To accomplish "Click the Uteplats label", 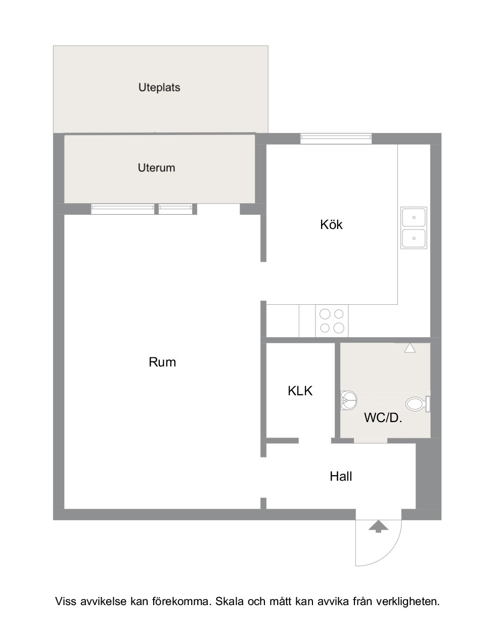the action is [159, 87].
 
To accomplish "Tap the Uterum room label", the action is [156, 168].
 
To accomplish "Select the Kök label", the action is [331, 224].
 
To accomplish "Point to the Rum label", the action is [162, 362].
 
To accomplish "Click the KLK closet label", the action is [300, 391].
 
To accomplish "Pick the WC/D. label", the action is [383, 418].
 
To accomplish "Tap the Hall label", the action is [341, 477].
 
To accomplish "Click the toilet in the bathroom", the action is [418, 404].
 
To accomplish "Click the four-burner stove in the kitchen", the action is [332, 321].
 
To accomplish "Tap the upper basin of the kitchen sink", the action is [414, 217].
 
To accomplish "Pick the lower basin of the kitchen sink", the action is [414, 238].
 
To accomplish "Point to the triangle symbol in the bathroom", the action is [410, 348].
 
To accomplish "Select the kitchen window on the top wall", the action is [336, 139].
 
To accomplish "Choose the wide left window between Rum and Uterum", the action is [123, 209].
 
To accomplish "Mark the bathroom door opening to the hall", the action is [371, 441].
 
